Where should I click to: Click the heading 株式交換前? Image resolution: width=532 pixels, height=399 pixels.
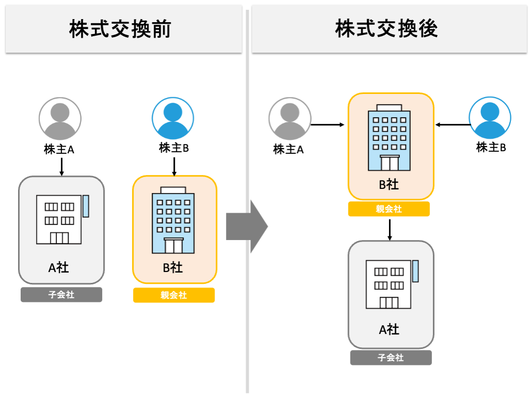pos(120,29)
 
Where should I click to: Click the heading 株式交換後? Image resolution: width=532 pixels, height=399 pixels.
pos(386,29)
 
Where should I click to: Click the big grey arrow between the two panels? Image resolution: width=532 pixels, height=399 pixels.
pos(247,227)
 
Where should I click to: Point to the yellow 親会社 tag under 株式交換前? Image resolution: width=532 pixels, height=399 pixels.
pos(174,295)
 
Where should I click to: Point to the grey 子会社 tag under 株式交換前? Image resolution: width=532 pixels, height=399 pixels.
pos(61,295)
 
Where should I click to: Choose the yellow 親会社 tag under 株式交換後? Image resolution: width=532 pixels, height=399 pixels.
pos(389,209)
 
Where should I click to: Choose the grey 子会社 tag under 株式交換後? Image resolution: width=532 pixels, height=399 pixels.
pos(391,358)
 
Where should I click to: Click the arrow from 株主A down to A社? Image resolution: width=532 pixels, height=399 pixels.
pos(61,166)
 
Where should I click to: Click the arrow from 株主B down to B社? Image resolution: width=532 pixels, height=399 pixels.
pos(174,166)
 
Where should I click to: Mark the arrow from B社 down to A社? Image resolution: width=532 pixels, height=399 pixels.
pos(390,230)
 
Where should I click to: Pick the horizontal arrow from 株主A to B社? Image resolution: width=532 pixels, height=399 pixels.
pos(328,124)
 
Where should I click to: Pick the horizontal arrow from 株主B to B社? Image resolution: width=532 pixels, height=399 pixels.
pos(453,124)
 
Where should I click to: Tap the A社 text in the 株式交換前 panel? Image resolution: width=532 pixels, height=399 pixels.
pos(59,267)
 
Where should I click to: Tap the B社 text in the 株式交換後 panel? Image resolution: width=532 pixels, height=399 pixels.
pos(389,185)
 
